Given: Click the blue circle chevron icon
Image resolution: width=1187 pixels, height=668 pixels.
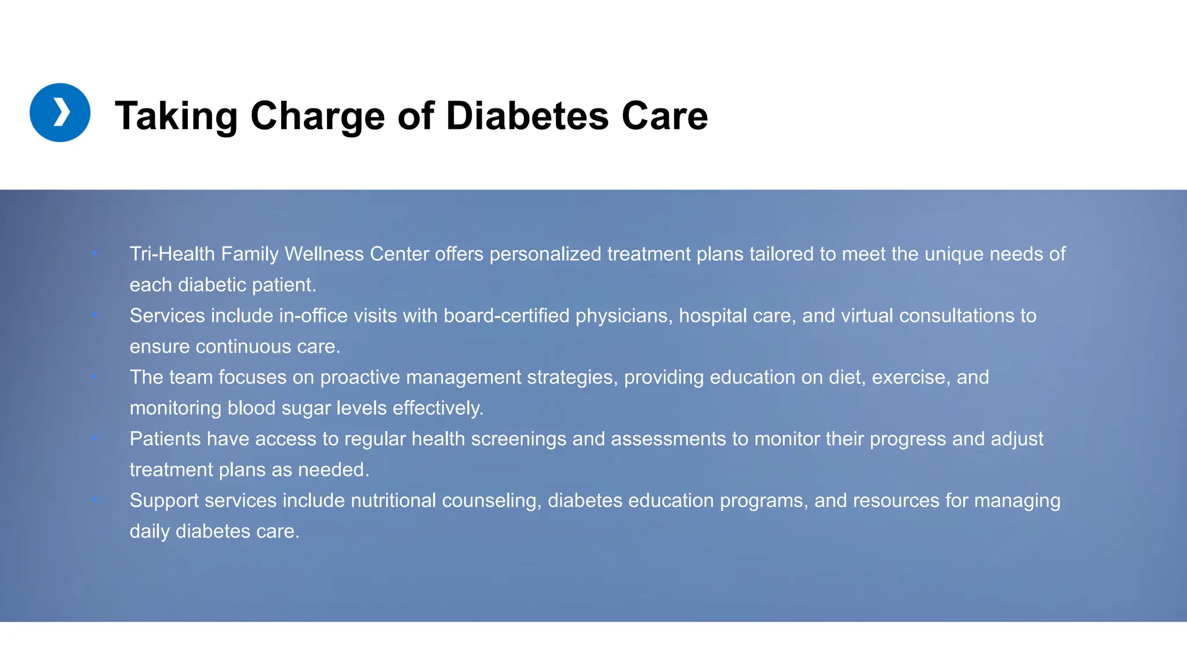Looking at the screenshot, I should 60,112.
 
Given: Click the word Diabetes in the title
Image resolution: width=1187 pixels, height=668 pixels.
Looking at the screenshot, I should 527,115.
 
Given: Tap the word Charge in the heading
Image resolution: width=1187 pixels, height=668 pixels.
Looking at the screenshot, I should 317,115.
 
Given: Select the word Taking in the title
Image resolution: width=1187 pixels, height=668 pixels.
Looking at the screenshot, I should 176,115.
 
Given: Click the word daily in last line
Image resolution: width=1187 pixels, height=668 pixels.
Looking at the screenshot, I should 149,531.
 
